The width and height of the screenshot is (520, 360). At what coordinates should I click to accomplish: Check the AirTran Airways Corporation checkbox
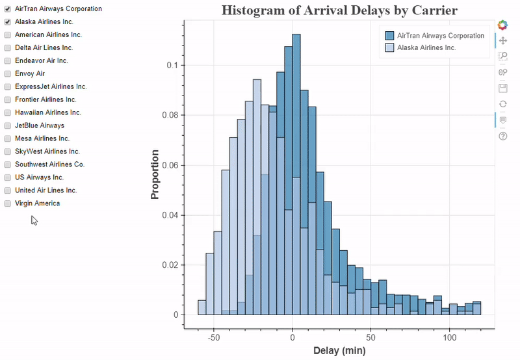[x=8, y=9]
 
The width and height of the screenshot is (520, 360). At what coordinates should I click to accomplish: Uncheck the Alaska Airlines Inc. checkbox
[x=8, y=22]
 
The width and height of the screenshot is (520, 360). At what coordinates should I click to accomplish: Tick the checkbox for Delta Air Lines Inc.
[x=8, y=48]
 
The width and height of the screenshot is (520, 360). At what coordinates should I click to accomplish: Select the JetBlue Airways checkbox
[x=8, y=126]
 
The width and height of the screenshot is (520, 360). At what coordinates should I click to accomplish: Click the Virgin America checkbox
[x=8, y=204]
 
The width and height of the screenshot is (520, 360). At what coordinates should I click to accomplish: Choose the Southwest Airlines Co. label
[x=49, y=165]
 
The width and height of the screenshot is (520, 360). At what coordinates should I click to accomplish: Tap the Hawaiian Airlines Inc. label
[x=47, y=113]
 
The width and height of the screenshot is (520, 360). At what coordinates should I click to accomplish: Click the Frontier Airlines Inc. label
[x=45, y=100]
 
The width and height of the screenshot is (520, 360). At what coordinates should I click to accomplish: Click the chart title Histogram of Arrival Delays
[x=339, y=10]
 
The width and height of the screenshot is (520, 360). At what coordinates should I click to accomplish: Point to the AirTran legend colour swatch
[x=390, y=36]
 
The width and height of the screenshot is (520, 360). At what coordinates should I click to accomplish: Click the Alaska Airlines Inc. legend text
[x=426, y=48]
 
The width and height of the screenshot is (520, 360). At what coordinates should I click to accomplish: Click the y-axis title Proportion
[x=155, y=174]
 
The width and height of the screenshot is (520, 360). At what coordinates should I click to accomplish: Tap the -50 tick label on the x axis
[x=214, y=339]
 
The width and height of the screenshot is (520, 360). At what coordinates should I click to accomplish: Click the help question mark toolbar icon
[x=502, y=136]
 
